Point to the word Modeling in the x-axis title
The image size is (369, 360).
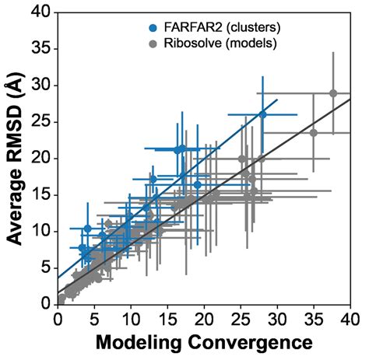pos(137,342)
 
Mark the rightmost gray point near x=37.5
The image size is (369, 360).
pos(333,93)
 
